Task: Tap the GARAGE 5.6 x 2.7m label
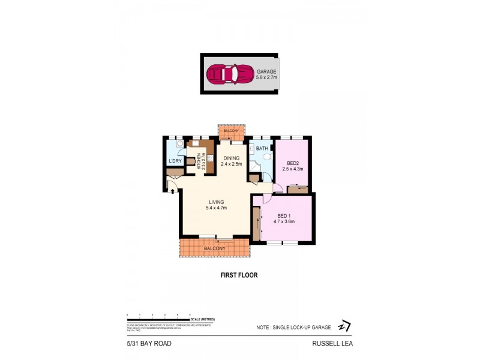pyautogui.click(x=266, y=74)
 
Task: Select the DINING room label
pyautogui.click(x=230, y=161)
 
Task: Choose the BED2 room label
pyautogui.click(x=293, y=166)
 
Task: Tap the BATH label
pyautogui.click(x=262, y=148)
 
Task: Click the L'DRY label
pyautogui.click(x=175, y=161)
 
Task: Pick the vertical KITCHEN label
pyautogui.click(x=201, y=160)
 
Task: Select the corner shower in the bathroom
pyautogui.click(x=255, y=167)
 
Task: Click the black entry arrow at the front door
pyautogui.click(x=173, y=191)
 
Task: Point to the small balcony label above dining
pyautogui.click(x=231, y=131)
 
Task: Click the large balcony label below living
pyautogui.click(x=214, y=248)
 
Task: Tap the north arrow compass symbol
pyautogui.click(x=344, y=325)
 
